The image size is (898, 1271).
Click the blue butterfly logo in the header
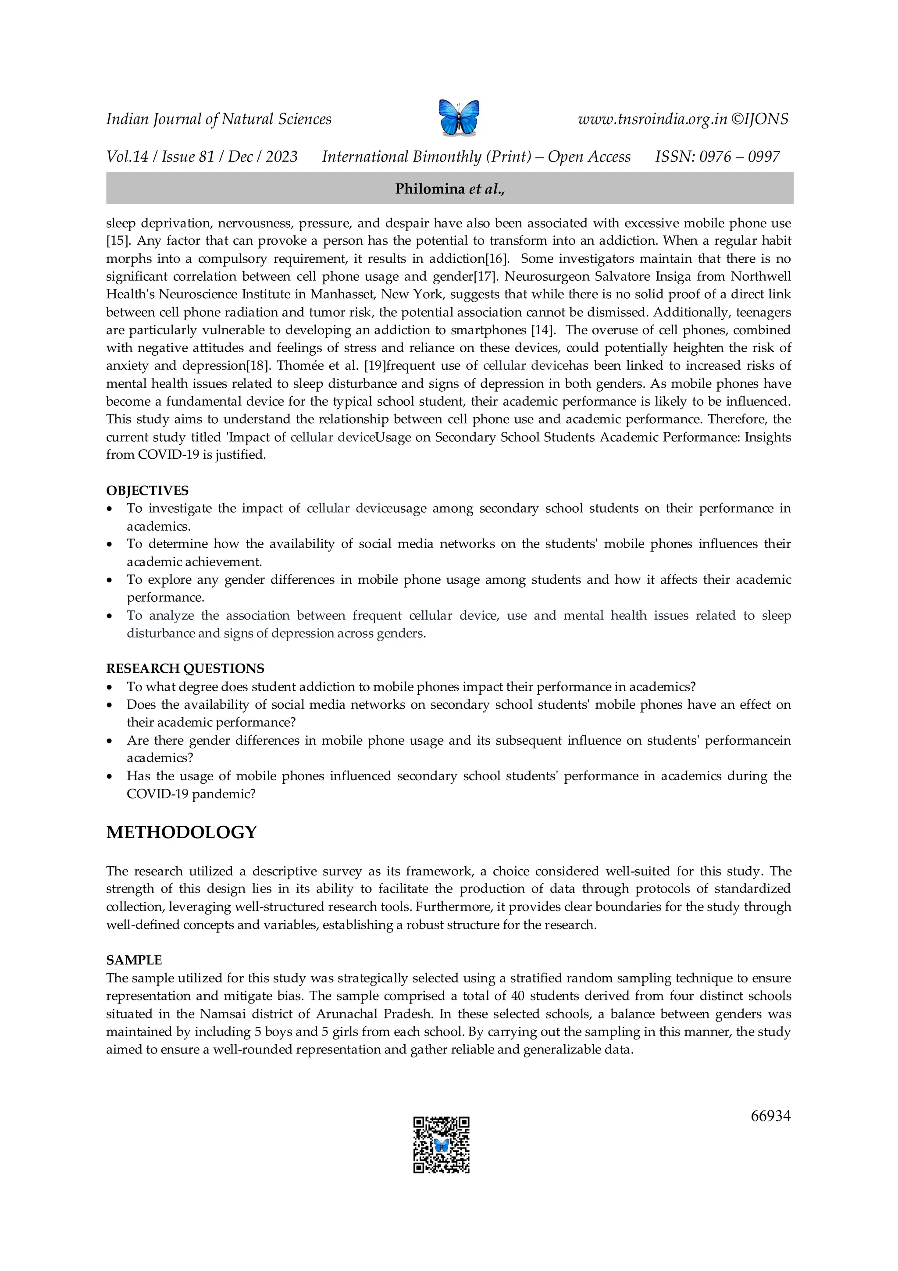coord(458,118)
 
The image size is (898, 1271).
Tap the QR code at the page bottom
coord(441,1145)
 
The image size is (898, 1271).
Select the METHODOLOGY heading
coord(182,832)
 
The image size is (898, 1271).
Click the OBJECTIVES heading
coord(147,490)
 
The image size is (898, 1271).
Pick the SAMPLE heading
coord(134,960)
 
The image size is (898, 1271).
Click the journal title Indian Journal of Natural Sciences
coord(218,119)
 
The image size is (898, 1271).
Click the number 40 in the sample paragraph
coord(517,996)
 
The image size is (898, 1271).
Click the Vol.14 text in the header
coord(127,157)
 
